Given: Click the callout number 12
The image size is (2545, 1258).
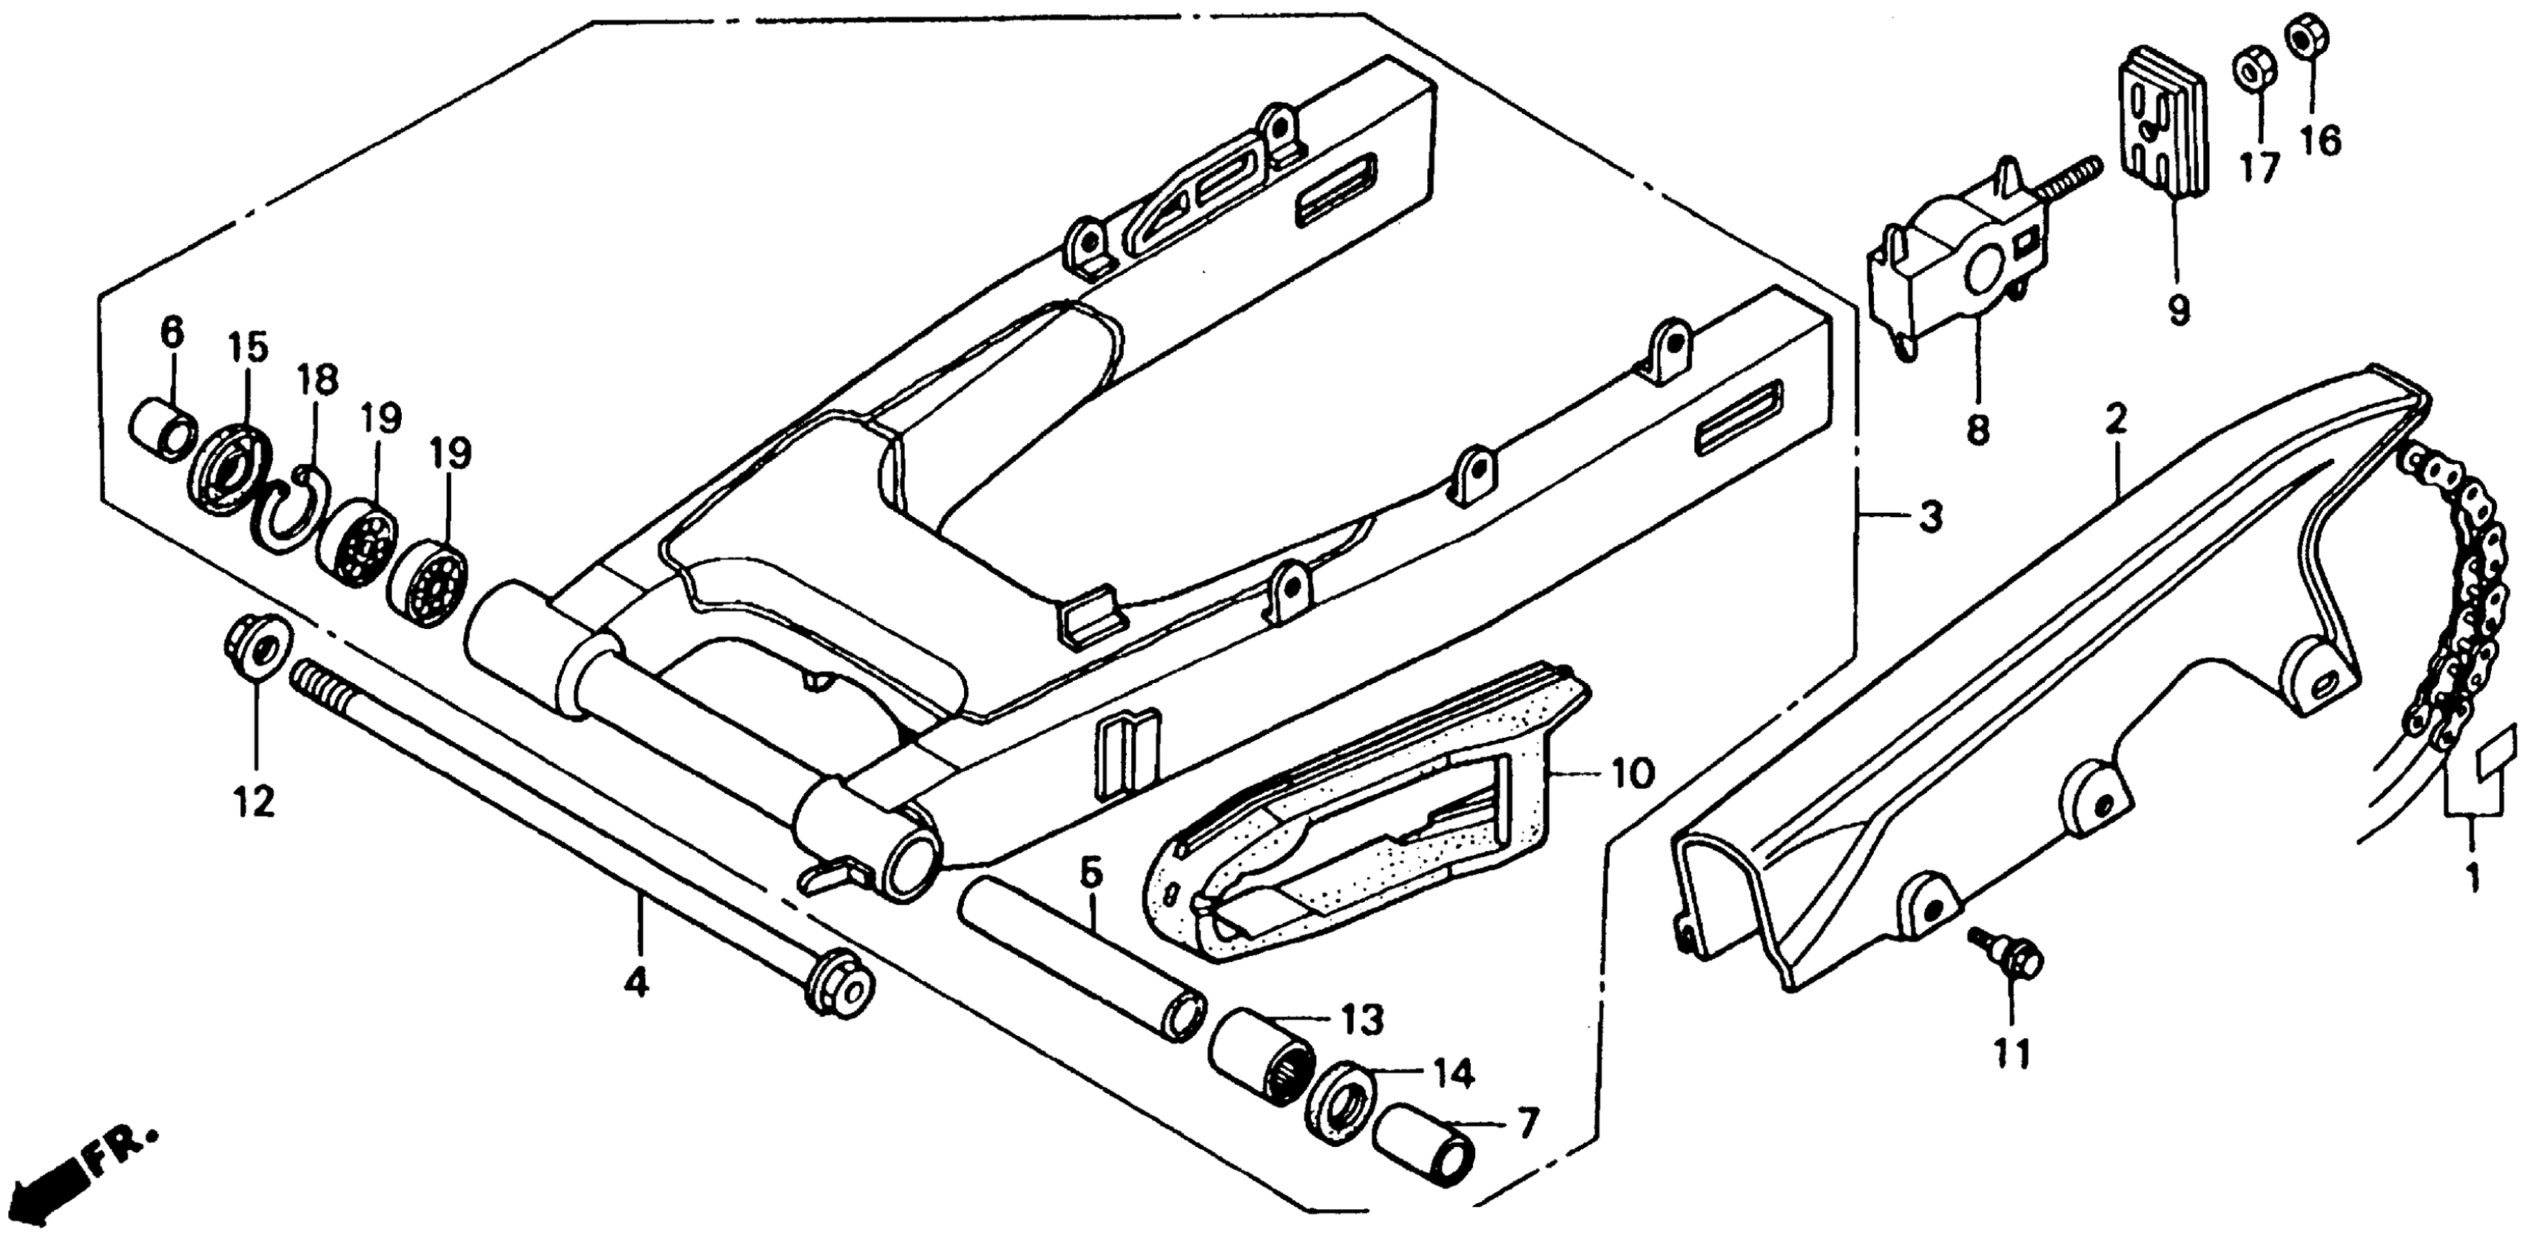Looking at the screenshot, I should click(x=255, y=802).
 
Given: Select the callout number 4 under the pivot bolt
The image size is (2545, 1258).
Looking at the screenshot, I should click(x=637, y=982).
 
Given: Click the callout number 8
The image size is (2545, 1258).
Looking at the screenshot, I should click(x=1978, y=429).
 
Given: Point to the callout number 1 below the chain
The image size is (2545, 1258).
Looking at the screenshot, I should click(x=2473, y=875).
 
